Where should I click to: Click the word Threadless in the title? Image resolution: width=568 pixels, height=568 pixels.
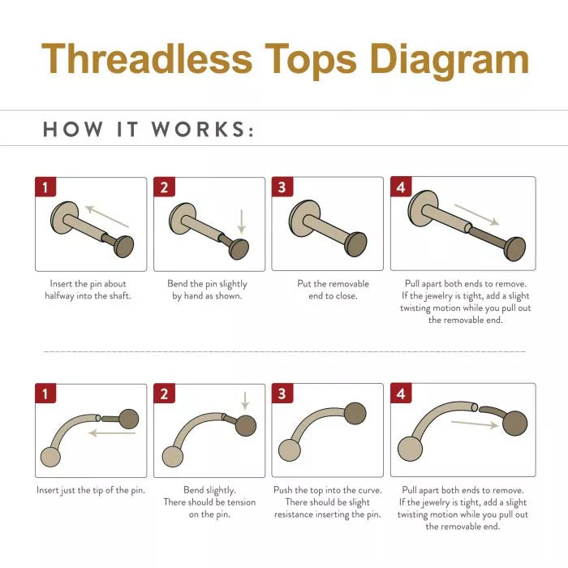click(x=147, y=59)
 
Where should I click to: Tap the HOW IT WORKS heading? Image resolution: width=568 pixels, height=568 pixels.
click(x=148, y=130)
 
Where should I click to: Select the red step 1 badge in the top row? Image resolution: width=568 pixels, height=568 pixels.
click(x=45, y=187)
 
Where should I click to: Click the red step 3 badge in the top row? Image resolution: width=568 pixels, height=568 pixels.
click(x=282, y=187)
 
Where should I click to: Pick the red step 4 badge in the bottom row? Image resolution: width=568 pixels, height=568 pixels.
click(x=401, y=394)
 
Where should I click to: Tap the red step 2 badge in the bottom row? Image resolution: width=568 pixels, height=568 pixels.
click(x=164, y=394)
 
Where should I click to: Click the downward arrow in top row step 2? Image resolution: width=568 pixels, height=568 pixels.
click(x=241, y=222)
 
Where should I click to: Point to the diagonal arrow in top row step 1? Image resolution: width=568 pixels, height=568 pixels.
click(x=108, y=216)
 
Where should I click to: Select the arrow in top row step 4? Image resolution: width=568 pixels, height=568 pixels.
click(x=476, y=215)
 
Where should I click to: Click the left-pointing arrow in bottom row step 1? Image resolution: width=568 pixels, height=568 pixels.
click(x=112, y=433)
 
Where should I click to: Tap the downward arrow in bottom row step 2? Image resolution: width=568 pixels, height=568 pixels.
click(x=244, y=401)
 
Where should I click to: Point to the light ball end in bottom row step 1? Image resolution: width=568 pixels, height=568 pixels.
click(x=50, y=456)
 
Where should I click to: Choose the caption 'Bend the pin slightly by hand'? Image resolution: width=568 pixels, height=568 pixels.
click(x=208, y=290)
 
